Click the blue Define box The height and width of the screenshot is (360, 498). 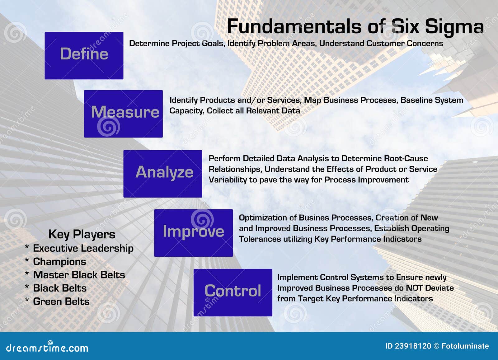84,56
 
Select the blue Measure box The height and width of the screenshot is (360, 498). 123,114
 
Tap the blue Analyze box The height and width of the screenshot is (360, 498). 163,174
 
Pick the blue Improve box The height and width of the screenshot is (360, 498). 194,233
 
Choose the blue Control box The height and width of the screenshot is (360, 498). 233,292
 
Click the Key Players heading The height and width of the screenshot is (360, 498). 82,235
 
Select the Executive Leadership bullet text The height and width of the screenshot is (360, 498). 83,248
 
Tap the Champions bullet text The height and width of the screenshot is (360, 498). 59,262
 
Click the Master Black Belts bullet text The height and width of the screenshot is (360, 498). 79,275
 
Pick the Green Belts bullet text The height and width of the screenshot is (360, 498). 61,302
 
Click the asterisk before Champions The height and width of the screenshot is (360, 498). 27,260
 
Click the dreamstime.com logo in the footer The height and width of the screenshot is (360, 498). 47,347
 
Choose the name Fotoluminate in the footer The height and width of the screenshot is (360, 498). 465,346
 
